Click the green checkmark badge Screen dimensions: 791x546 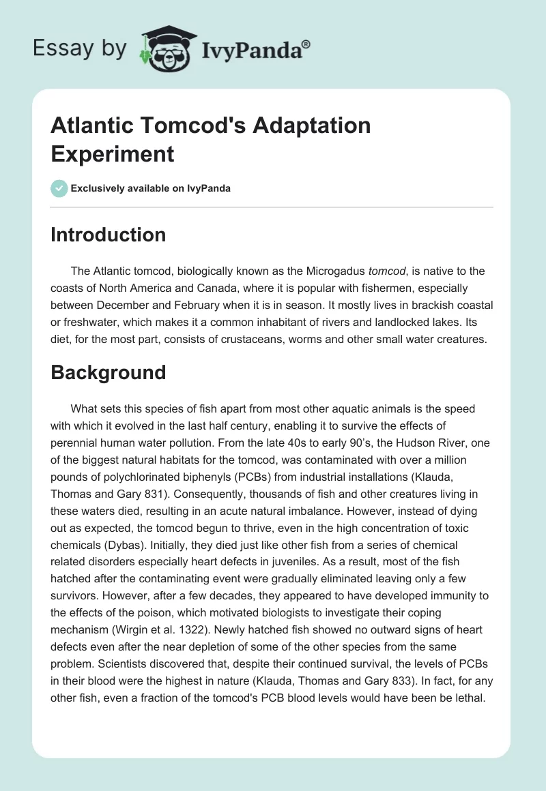click(59, 188)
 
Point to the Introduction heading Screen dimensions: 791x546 click(109, 235)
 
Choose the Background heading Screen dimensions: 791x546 click(109, 372)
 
